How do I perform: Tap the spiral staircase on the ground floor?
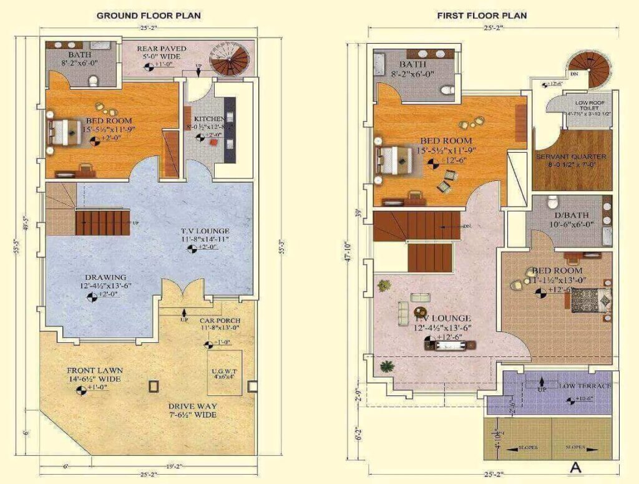228,58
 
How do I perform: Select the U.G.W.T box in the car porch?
222,373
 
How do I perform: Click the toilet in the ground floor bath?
94,80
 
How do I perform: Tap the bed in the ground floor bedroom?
61,132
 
